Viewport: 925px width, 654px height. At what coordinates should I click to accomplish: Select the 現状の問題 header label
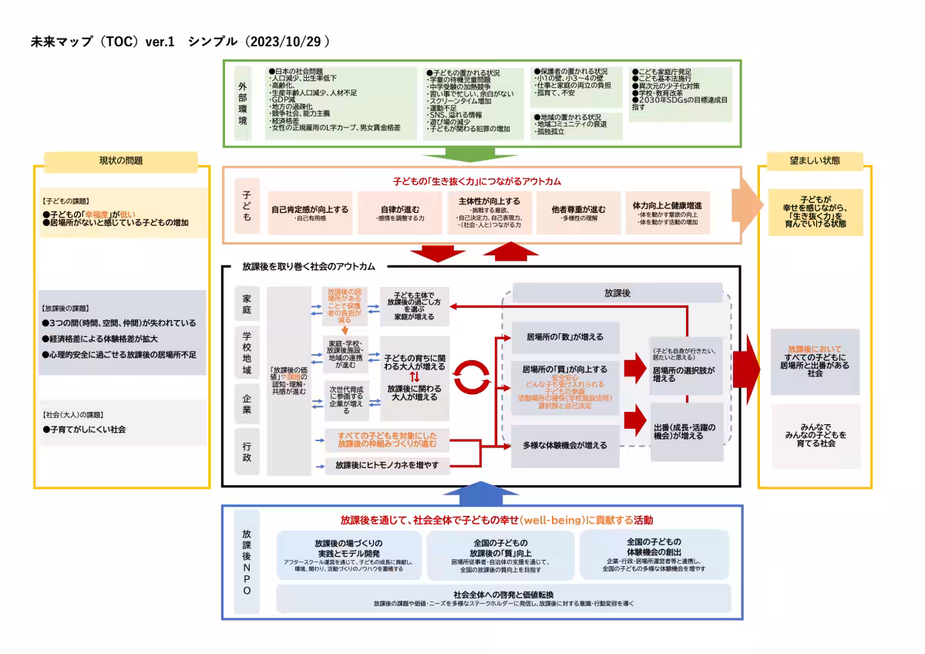[x=121, y=161]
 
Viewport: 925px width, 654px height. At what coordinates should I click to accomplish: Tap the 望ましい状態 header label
[x=815, y=161]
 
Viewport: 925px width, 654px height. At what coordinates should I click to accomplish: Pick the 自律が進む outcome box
[x=402, y=211]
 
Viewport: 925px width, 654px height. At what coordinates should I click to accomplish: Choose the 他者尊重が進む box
[x=578, y=211]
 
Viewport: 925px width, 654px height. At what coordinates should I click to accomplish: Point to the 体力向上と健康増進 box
[x=667, y=211]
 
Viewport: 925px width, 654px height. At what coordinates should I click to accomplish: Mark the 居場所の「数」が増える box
[x=565, y=337]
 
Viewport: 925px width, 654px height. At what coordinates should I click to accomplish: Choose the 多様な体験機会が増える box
[x=565, y=446]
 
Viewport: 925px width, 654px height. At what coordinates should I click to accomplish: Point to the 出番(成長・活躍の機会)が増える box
[x=687, y=432]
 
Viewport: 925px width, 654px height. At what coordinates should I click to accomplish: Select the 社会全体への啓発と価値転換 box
[x=503, y=598]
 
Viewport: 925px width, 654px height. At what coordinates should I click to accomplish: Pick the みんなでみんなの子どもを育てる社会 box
[x=816, y=436]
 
